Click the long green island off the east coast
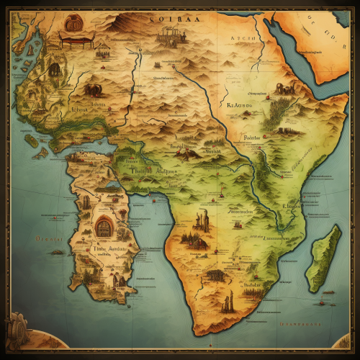[322, 258]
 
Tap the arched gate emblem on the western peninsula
[104, 228]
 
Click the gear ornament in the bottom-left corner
[16, 333]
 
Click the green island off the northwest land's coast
[39, 153]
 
